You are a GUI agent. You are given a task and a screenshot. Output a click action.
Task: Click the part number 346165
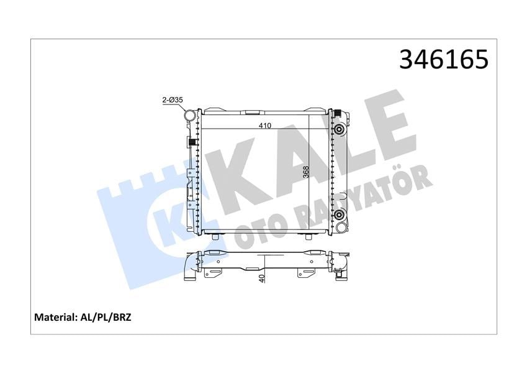(444, 60)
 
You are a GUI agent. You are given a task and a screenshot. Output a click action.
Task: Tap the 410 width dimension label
(265, 126)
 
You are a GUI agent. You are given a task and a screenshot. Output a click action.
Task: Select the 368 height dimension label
(306, 173)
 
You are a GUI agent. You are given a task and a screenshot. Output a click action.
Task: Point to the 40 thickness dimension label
(263, 278)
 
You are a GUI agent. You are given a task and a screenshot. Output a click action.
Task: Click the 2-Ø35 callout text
(173, 100)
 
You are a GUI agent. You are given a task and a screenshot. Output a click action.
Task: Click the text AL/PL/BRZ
(105, 317)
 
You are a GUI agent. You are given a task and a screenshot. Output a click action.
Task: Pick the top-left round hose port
(190, 116)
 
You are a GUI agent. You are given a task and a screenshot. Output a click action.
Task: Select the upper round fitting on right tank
(339, 129)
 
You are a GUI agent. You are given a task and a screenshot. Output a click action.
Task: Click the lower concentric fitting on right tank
(339, 214)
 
